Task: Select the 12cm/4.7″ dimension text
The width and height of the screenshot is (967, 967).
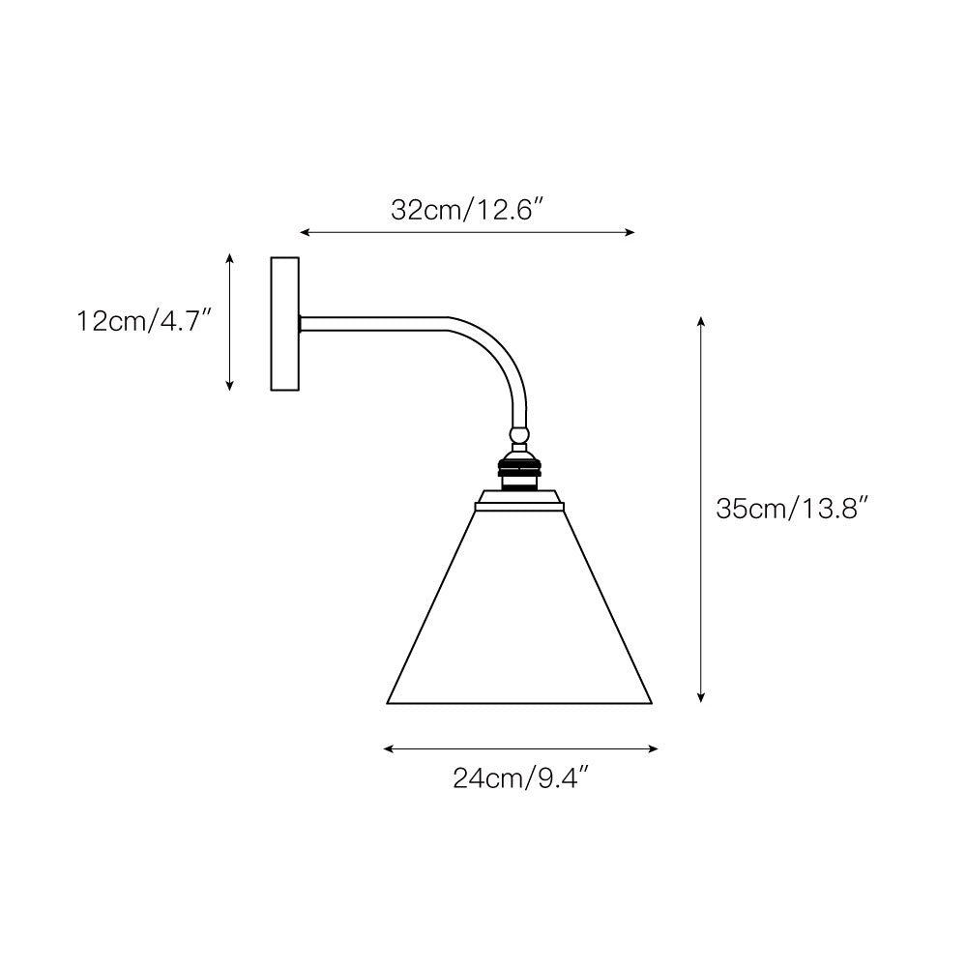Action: pyautogui.click(x=144, y=321)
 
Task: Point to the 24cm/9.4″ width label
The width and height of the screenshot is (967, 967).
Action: pyautogui.click(x=521, y=777)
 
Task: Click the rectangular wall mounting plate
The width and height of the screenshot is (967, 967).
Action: pyautogui.click(x=285, y=324)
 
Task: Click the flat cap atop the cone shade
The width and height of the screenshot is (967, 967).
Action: pyautogui.click(x=519, y=500)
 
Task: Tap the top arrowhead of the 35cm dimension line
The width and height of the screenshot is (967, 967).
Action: pyautogui.click(x=701, y=318)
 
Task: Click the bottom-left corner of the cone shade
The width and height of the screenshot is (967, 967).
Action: pyautogui.click(x=389, y=703)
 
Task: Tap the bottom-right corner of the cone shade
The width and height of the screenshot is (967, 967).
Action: pyautogui.click(x=653, y=703)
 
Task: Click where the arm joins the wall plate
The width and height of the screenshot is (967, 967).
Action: pyautogui.click(x=302, y=324)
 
